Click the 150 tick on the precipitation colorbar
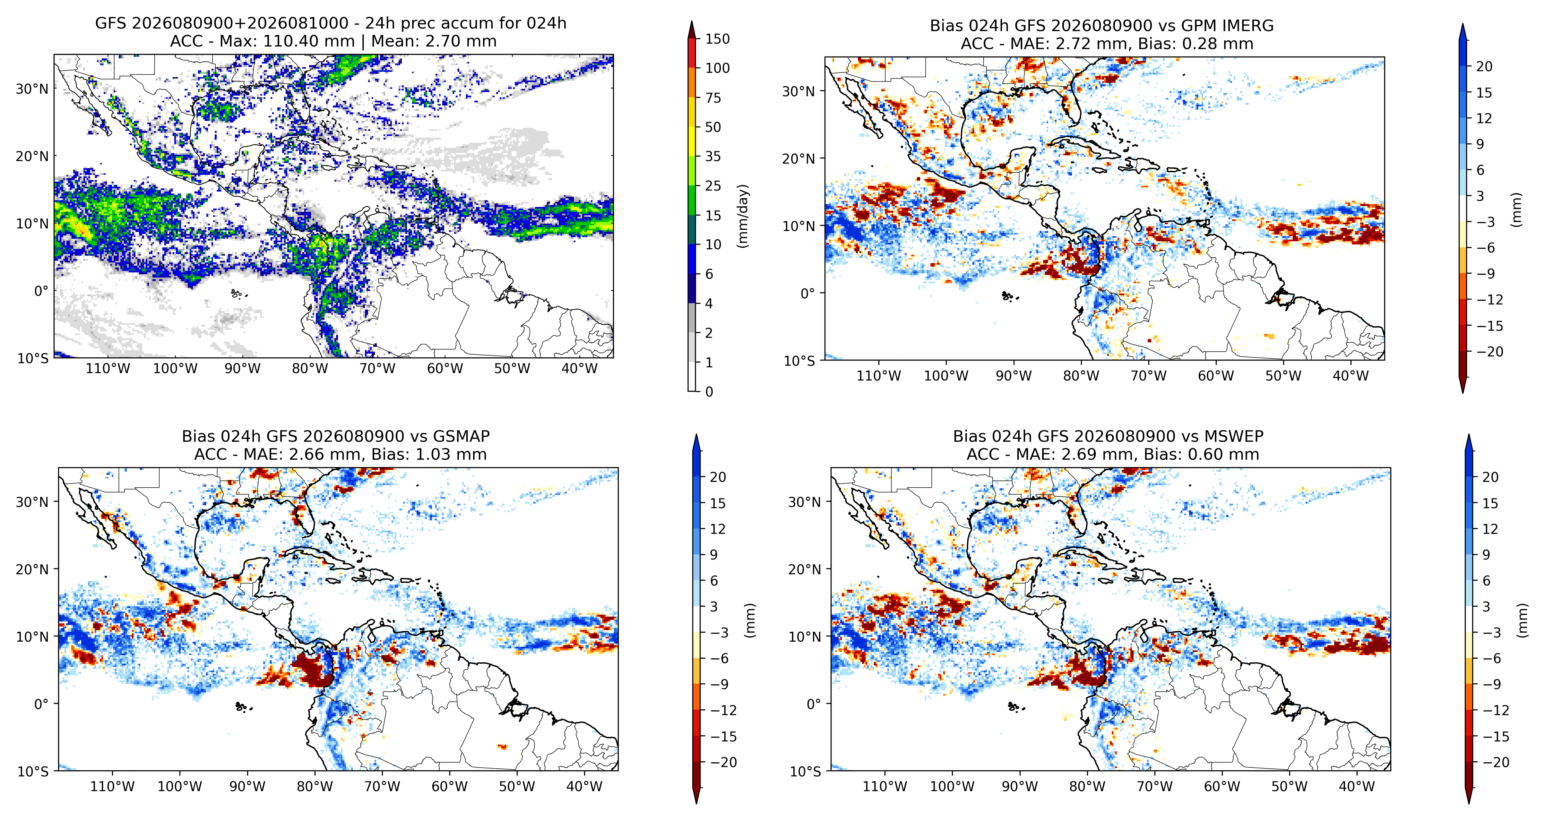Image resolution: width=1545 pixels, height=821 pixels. coord(717,39)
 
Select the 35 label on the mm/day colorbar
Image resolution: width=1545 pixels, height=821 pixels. coord(713,157)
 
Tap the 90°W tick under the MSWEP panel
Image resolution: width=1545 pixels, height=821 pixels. coord(1020,786)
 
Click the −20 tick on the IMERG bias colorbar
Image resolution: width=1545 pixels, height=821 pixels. coord(1489,351)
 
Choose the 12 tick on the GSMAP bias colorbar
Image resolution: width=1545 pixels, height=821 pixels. coord(718,529)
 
